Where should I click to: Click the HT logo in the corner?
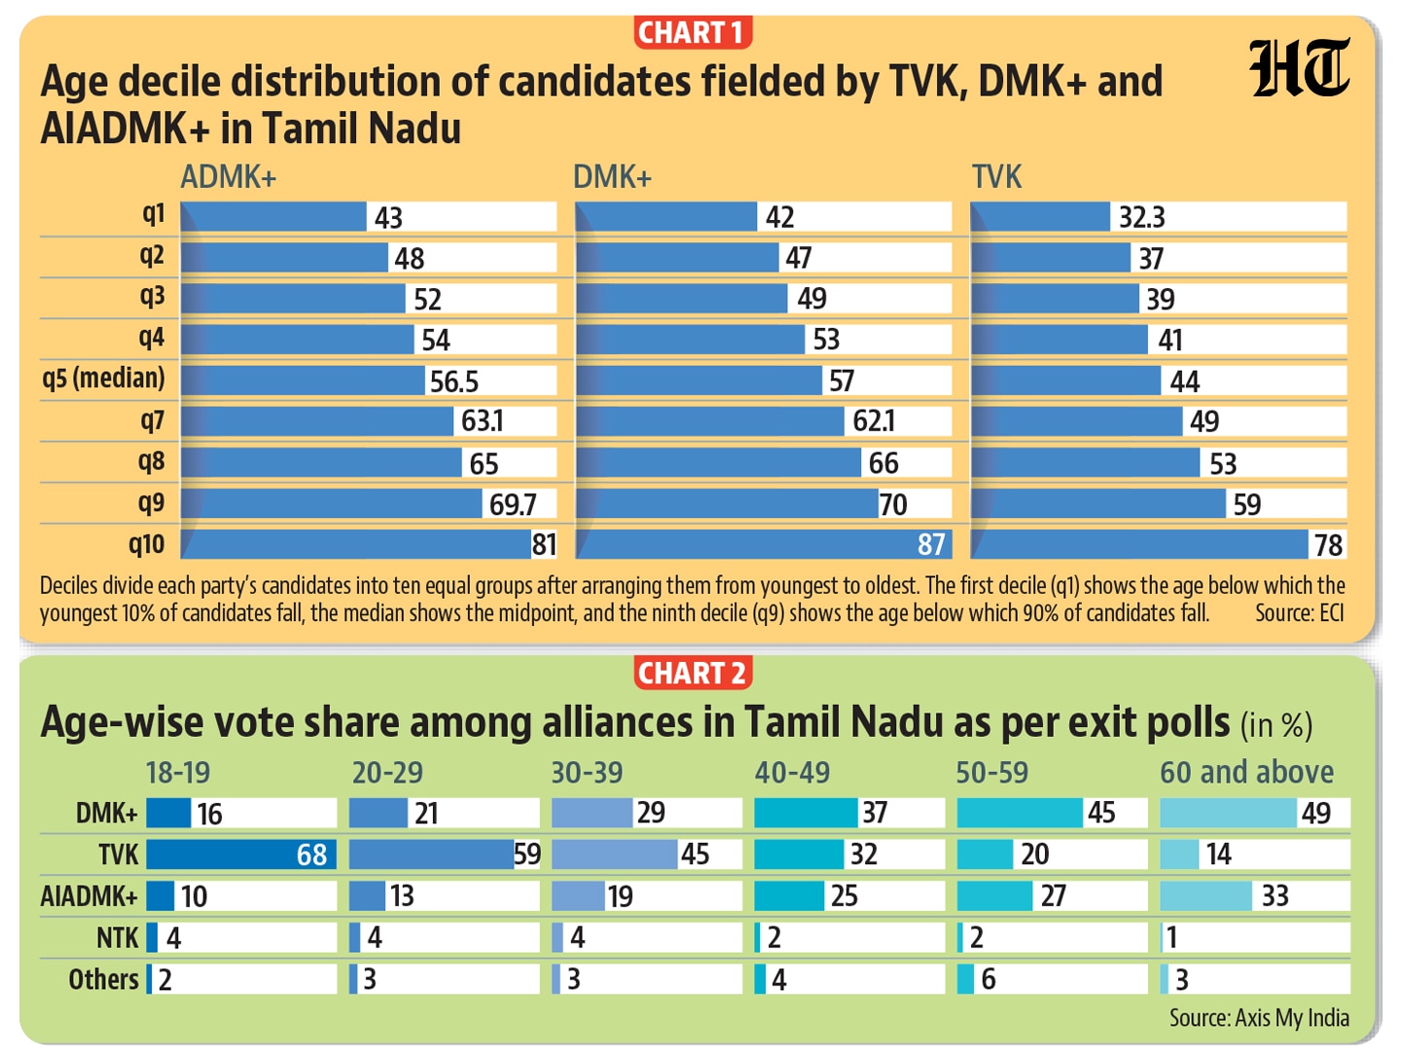(1299, 68)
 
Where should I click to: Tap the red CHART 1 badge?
(692, 32)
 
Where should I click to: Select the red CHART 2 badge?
(692, 674)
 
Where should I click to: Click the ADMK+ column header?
(229, 177)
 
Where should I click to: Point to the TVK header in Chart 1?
(996, 177)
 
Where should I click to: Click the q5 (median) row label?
(103, 378)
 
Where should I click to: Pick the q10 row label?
(147, 544)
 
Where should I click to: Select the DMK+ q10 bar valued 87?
(763, 544)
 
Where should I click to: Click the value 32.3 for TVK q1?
(1141, 217)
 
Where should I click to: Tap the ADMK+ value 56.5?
(453, 382)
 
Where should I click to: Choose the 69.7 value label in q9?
(513, 504)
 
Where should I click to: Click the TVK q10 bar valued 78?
(1139, 544)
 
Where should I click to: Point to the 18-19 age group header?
(178, 773)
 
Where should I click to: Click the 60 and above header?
(1247, 772)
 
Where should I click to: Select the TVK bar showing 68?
(241, 855)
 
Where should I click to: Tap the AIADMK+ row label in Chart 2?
(90, 896)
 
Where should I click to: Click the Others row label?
(103, 979)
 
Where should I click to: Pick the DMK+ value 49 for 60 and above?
(1316, 813)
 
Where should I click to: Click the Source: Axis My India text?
(1259, 1018)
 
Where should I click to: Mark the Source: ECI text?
(1300, 613)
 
